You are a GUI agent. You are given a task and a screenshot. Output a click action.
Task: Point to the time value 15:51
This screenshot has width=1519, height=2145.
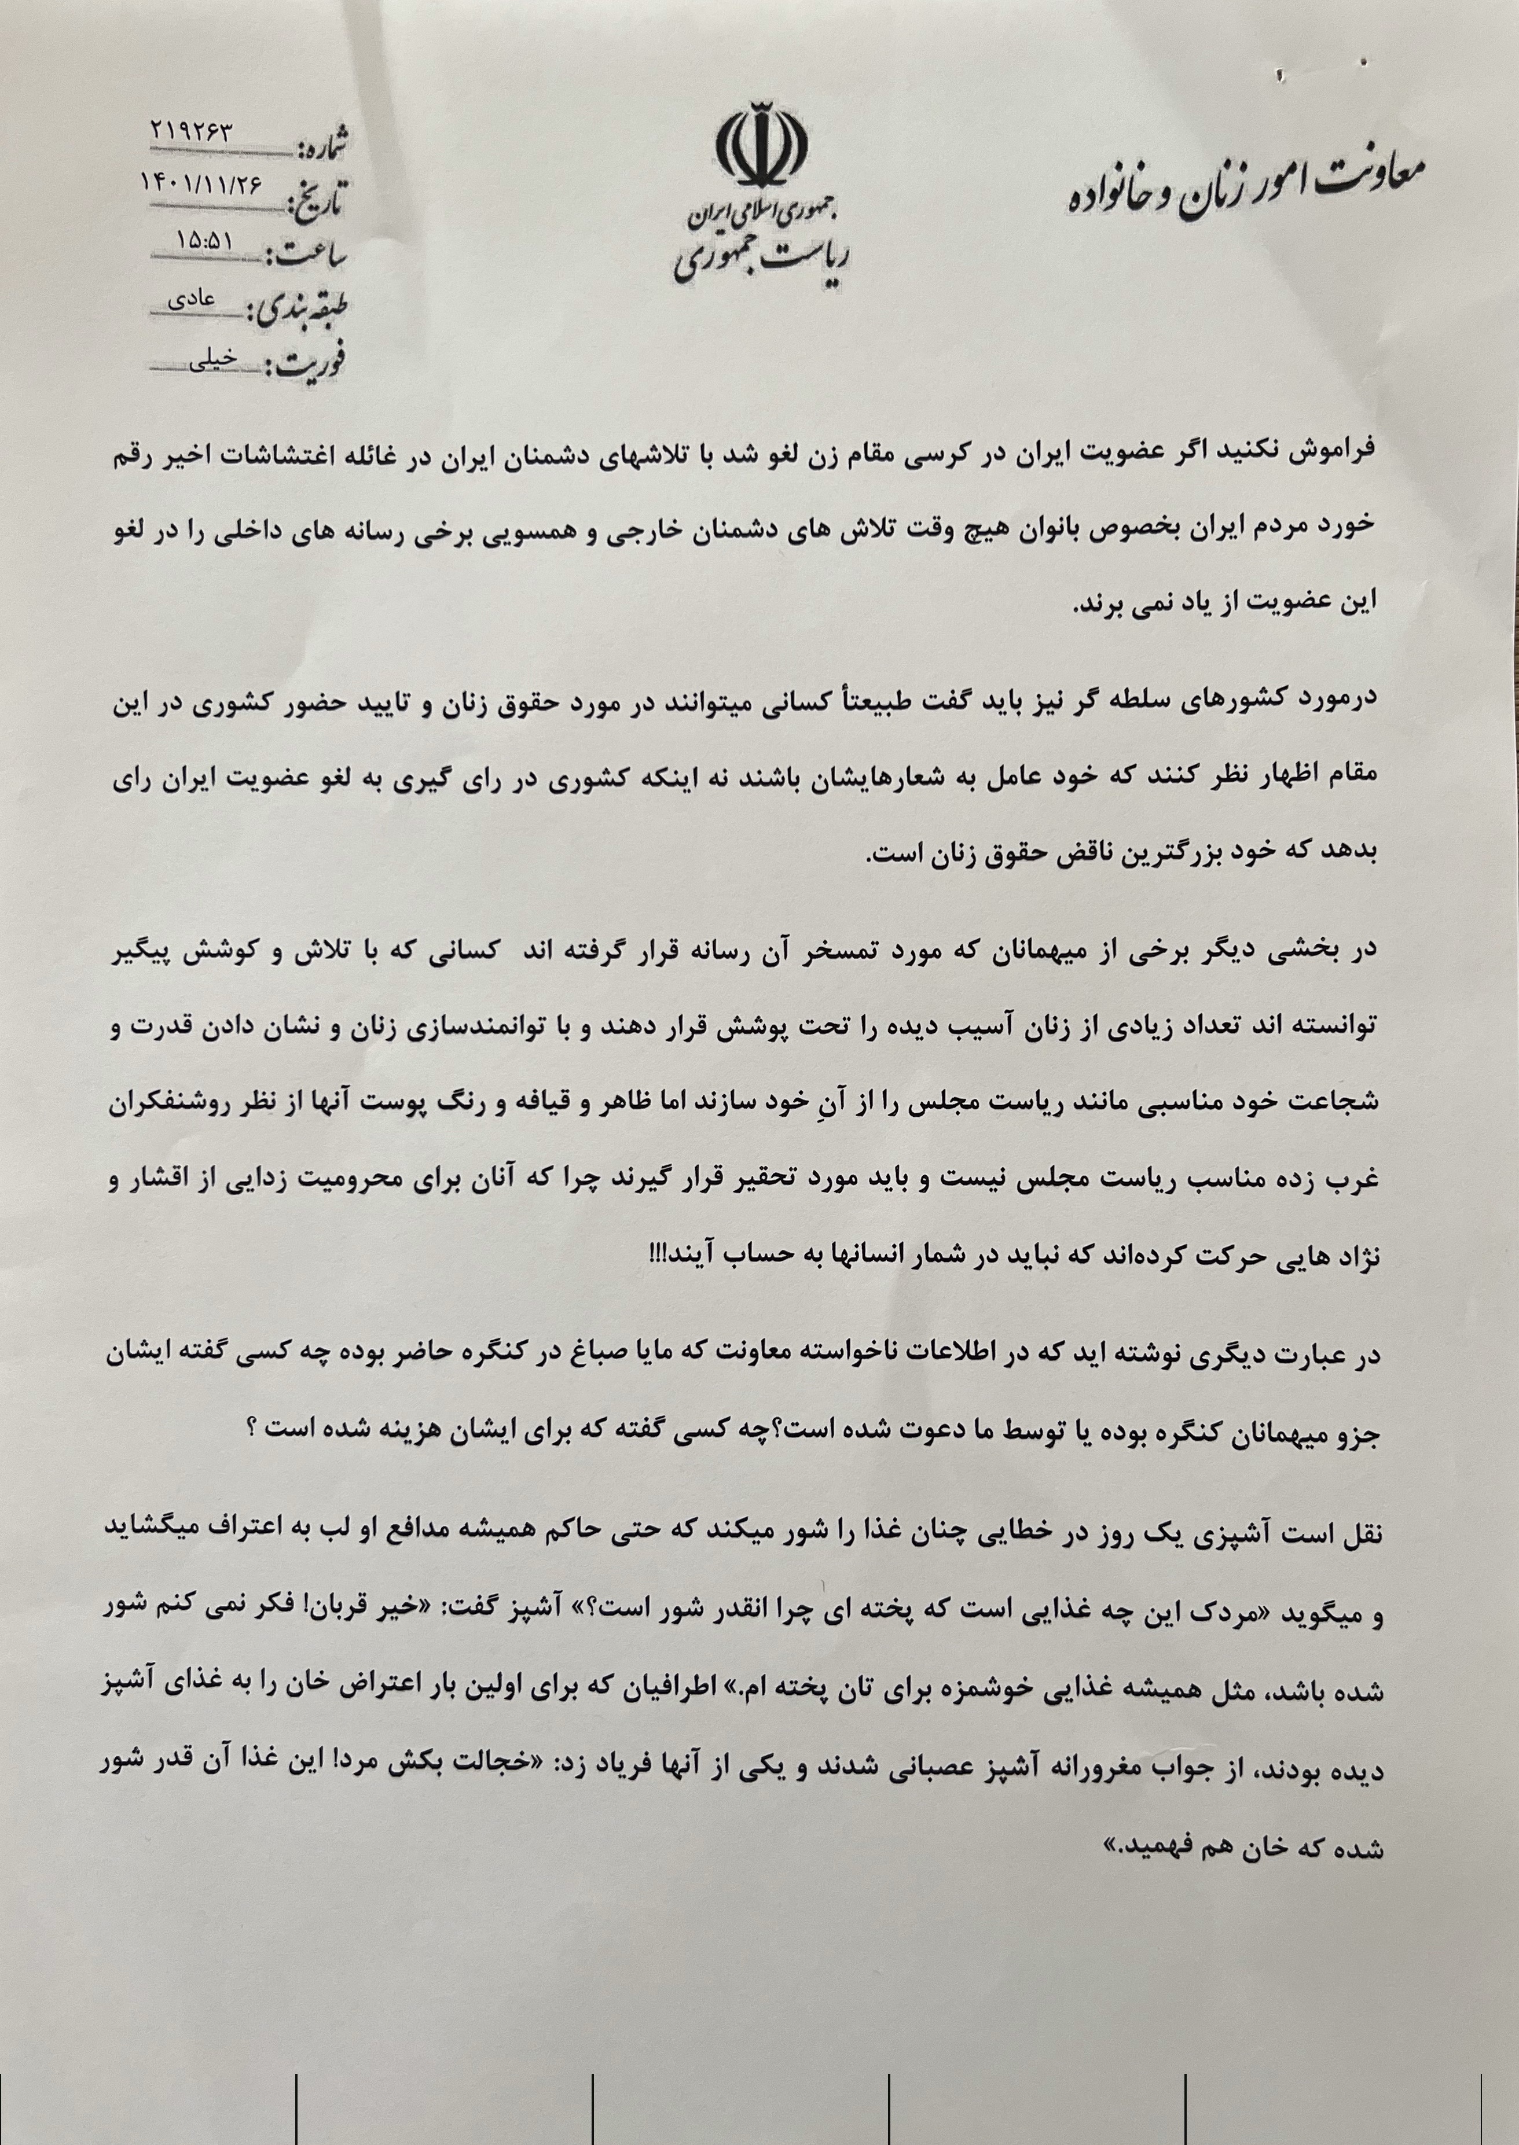(x=205, y=240)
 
